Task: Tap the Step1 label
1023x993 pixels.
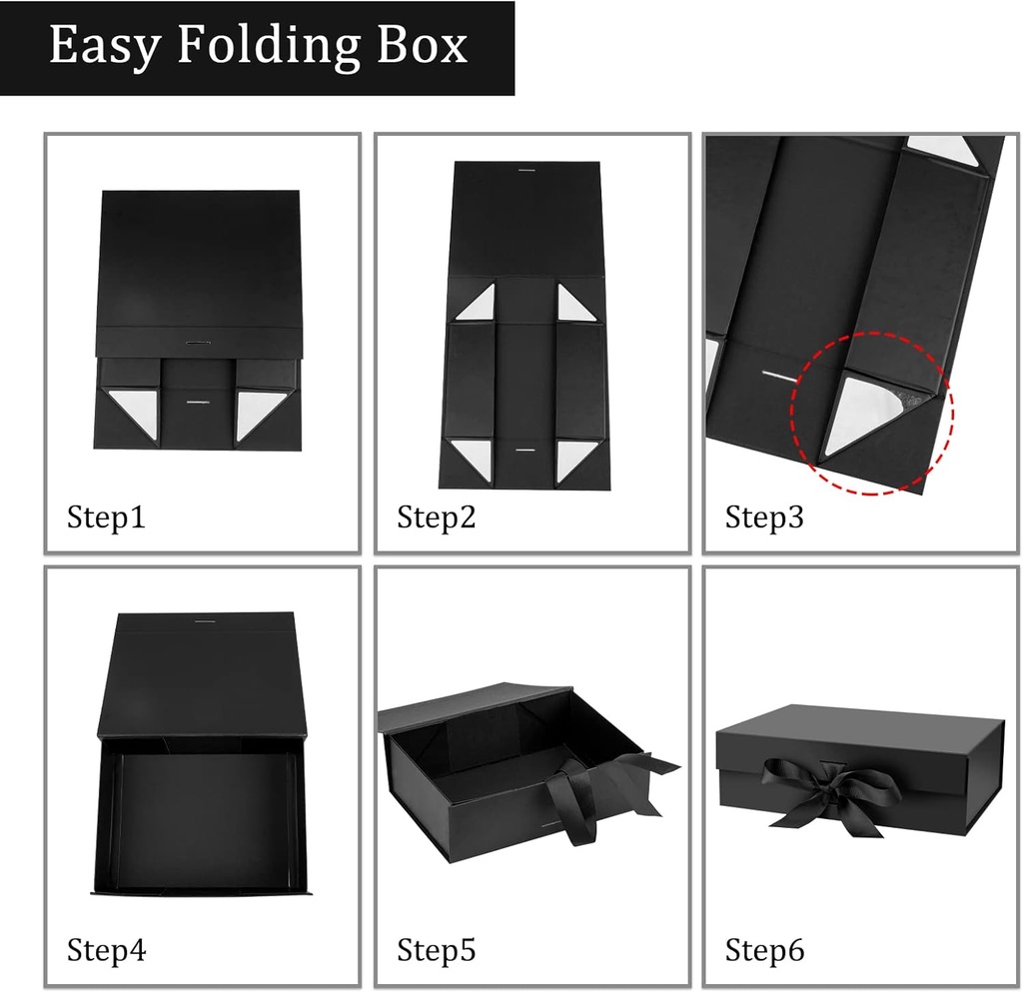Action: (x=106, y=517)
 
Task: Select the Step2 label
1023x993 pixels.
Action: (x=437, y=517)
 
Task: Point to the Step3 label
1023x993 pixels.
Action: (x=764, y=517)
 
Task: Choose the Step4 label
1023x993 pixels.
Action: (x=106, y=949)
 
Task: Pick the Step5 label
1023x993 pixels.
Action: (x=437, y=949)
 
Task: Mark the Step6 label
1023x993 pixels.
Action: (x=764, y=949)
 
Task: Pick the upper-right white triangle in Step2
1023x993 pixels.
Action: (x=571, y=303)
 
